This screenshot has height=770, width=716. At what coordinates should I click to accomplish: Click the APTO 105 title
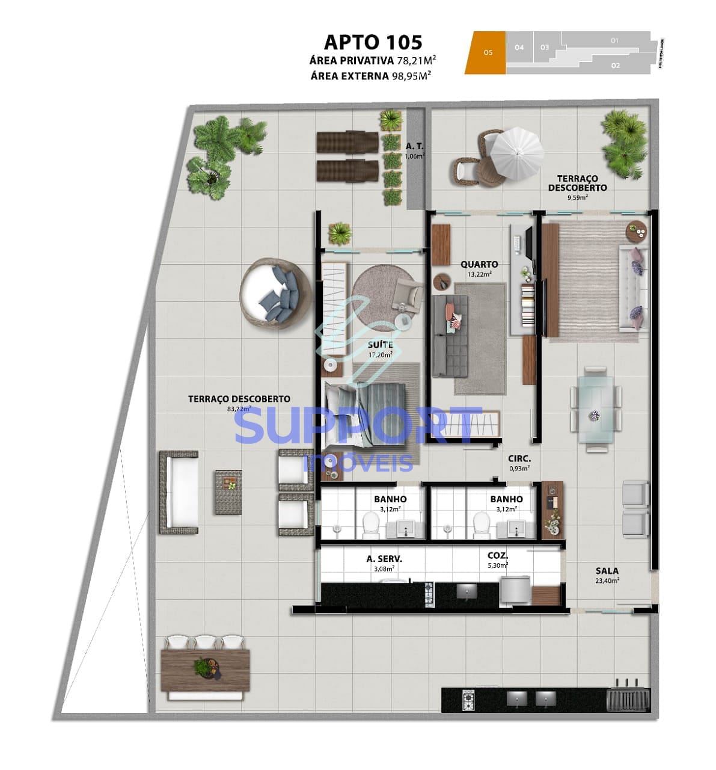pyautogui.click(x=373, y=42)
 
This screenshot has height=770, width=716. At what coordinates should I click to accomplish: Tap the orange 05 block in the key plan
pyautogui.click(x=486, y=53)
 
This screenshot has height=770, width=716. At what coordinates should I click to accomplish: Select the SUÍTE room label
pyautogui.click(x=380, y=345)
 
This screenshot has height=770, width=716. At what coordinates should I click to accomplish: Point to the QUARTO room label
pyautogui.click(x=479, y=264)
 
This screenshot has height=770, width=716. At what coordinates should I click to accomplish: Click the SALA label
pyautogui.click(x=607, y=570)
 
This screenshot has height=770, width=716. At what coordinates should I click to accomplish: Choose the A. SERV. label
pyautogui.click(x=384, y=559)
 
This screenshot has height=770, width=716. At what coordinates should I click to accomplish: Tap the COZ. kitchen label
pyautogui.click(x=498, y=556)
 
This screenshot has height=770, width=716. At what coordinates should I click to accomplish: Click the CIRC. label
pyautogui.click(x=519, y=458)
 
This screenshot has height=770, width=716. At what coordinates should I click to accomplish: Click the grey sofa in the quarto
pyautogui.click(x=450, y=335)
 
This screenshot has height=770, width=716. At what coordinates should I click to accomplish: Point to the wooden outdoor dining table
pyautogui.click(x=205, y=668)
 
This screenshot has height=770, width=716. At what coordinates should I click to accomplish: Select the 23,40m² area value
pyautogui.click(x=607, y=581)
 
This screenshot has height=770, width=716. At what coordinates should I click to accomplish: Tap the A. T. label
pyautogui.click(x=415, y=146)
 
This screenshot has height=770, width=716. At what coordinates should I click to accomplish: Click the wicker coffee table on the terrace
pyautogui.click(x=229, y=491)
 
